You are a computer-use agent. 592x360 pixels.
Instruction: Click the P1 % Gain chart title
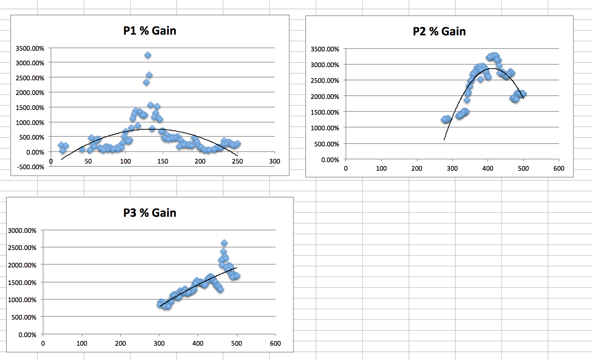pyautogui.click(x=150, y=31)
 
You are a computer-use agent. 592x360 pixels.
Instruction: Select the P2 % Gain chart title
pyautogui.click(x=439, y=31)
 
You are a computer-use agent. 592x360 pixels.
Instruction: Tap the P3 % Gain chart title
pyautogui.click(x=150, y=213)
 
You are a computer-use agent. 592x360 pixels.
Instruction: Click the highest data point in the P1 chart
pyautogui.click(x=148, y=55)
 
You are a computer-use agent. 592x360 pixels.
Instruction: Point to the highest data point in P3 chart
pyautogui.click(x=224, y=243)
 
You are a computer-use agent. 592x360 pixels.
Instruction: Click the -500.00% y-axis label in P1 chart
pyautogui.click(x=30, y=167)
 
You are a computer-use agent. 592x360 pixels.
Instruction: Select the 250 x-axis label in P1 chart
pyautogui.click(x=237, y=161)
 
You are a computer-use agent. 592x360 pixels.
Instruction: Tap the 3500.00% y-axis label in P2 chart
pyautogui.click(x=325, y=49)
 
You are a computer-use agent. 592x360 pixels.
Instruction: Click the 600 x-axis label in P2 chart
pyautogui.click(x=559, y=169)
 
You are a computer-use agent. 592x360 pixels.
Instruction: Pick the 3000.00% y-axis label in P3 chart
pyautogui.click(x=22, y=231)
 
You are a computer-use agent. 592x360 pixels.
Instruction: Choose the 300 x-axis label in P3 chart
pyautogui.click(x=159, y=344)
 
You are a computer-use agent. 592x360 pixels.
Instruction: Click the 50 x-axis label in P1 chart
pyautogui.click(x=88, y=161)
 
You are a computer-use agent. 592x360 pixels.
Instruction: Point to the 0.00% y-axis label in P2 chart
pyautogui.click(x=330, y=160)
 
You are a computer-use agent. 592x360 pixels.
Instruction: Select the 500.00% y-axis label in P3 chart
pyautogui.click(x=24, y=317)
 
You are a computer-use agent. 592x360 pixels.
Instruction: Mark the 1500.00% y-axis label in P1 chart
pyautogui.click(x=30, y=108)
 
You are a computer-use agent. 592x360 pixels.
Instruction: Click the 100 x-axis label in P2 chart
pyautogui.click(x=381, y=169)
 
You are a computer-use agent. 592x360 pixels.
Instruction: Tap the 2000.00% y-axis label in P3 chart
pyautogui.click(x=22, y=265)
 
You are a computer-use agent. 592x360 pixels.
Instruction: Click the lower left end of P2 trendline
pyautogui.click(x=444, y=139)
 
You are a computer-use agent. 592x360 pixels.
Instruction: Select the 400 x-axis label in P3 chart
pyautogui.click(x=198, y=344)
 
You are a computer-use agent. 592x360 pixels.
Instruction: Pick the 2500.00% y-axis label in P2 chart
pyautogui.click(x=325, y=81)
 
